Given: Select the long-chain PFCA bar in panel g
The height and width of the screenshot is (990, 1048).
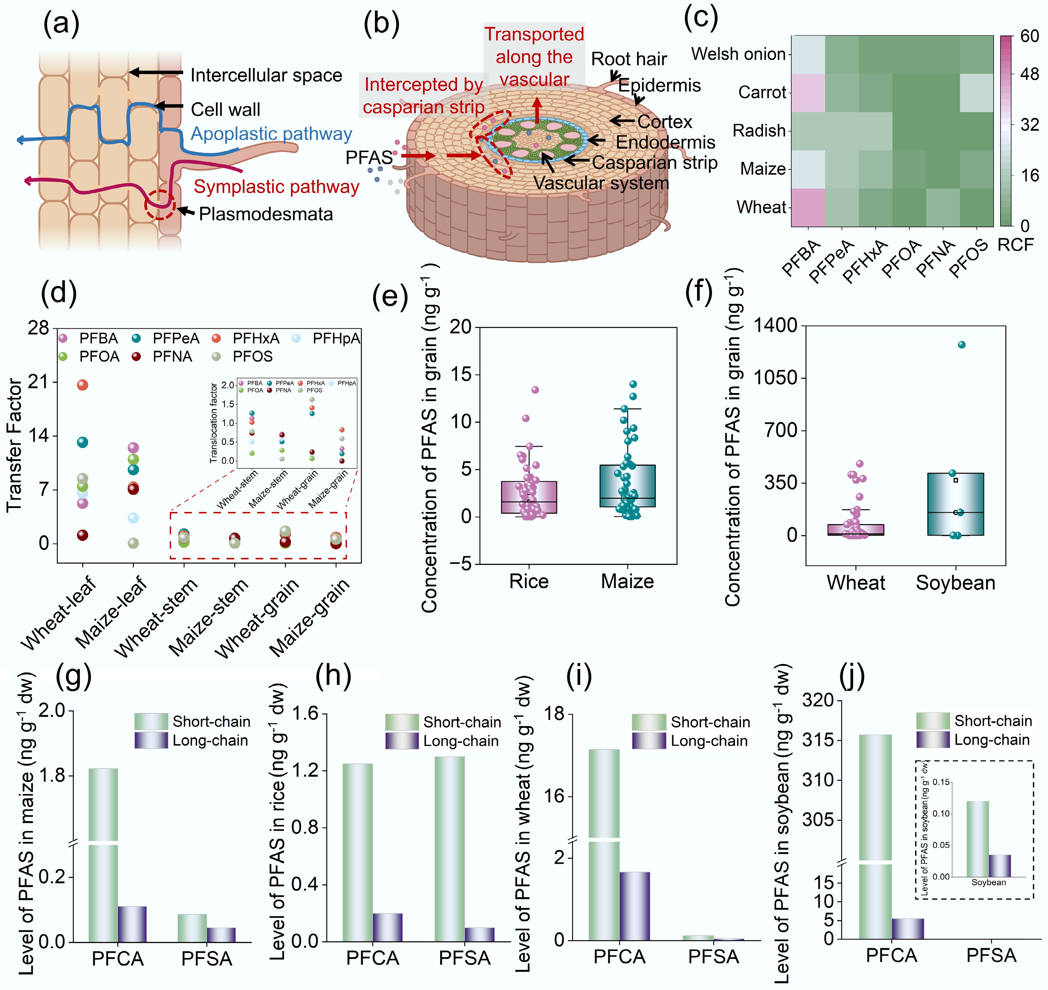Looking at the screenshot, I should (x=132, y=924).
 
